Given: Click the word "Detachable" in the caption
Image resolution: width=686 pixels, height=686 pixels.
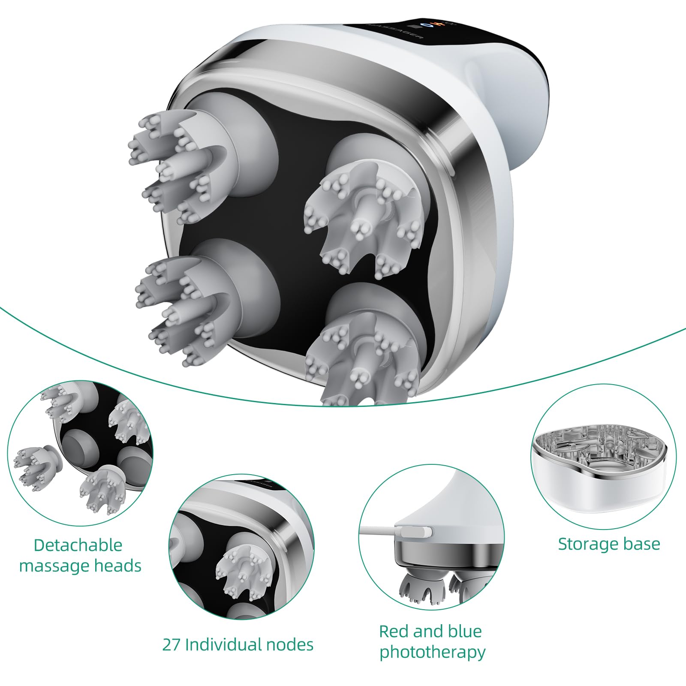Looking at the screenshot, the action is [x=78, y=545].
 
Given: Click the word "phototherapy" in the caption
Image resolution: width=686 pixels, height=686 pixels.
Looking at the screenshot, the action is [x=432, y=653].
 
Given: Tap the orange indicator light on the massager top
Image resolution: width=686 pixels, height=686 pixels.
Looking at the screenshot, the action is [x=437, y=24].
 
